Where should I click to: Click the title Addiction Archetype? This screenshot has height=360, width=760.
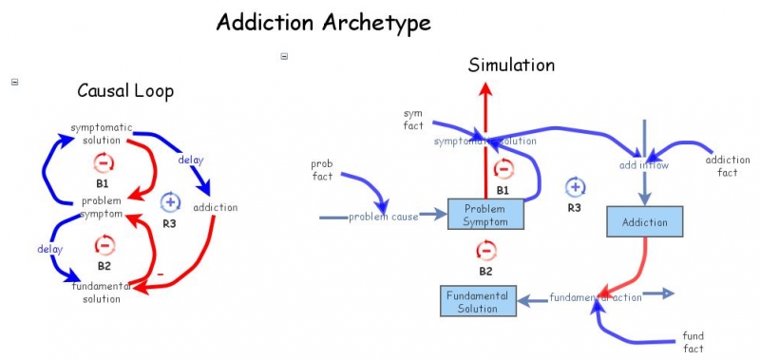[x=324, y=21]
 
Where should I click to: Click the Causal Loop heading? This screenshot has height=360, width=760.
[x=125, y=91]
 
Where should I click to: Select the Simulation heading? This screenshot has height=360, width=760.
[x=511, y=65]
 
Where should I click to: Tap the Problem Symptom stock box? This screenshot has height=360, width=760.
[x=485, y=215]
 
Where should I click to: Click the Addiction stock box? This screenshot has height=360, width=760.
[x=645, y=222]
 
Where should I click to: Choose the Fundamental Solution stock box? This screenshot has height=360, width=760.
[x=478, y=301]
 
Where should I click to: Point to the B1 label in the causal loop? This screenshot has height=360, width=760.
[x=103, y=181]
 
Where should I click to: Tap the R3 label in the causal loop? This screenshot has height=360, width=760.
[x=169, y=224]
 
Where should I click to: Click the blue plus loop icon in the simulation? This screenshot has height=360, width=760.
[x=575, y=186]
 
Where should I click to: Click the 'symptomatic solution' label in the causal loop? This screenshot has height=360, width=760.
[x=101, y=134]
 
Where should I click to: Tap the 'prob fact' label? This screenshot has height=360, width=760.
[x=322, y=170]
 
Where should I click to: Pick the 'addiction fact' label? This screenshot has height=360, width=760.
[x=728, y=165]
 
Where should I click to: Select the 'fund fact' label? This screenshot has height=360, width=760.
[x=693, y=342]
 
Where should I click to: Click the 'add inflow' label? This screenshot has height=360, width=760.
[x=644, y=165]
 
